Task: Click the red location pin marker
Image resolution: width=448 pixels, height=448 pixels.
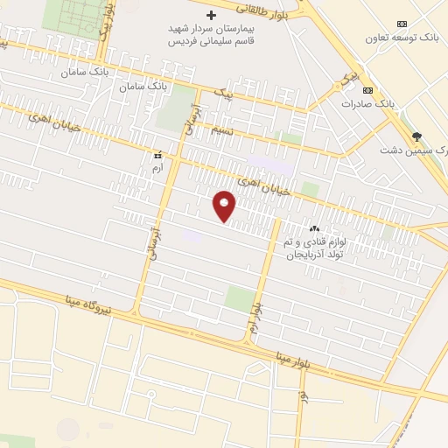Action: point(225,206)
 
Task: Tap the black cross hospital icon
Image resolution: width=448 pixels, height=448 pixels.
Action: point(210,15)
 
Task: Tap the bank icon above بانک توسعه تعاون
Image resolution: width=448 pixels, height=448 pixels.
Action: point(402,24)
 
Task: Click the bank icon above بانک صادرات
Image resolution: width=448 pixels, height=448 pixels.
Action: point(368,90)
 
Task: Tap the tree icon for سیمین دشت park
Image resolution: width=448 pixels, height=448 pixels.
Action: point(416,136)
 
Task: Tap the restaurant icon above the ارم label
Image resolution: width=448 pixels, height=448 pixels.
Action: point(157,155)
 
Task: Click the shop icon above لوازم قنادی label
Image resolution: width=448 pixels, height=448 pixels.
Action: point(315,228)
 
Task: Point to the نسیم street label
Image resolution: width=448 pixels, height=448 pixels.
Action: point(222,129)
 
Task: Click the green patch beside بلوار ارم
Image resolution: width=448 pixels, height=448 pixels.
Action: point(237,297)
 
